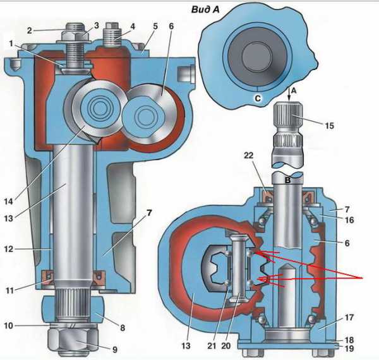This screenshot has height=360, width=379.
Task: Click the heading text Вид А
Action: (x=205, y=9)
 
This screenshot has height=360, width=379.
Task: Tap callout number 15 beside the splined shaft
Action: (x=329, y=126)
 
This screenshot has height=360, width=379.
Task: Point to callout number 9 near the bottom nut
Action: (x=115, y=349)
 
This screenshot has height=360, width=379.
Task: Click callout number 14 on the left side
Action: (x=9, y=201)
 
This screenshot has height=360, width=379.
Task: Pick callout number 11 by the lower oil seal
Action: (x=9, y=290)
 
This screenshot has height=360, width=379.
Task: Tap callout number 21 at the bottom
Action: (x=212, y=345)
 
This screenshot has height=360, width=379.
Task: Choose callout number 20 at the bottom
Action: (x=226, y=345)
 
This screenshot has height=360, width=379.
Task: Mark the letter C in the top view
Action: (x=258, y=99)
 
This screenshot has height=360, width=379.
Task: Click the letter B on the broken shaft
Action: (x=287, y=181)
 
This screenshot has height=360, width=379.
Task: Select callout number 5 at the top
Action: (x=155, y=26)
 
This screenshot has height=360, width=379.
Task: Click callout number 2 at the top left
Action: (x=30, y=31)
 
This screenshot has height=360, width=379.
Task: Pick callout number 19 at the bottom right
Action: (x=349, y=348)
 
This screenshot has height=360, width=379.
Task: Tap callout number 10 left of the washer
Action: (x=8, y=325)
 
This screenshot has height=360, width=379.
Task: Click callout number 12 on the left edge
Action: (x=9, y=249)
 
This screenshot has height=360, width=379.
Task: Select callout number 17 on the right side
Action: (x=349, y=317)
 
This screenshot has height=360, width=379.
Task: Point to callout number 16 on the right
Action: (x=349, y=220)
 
